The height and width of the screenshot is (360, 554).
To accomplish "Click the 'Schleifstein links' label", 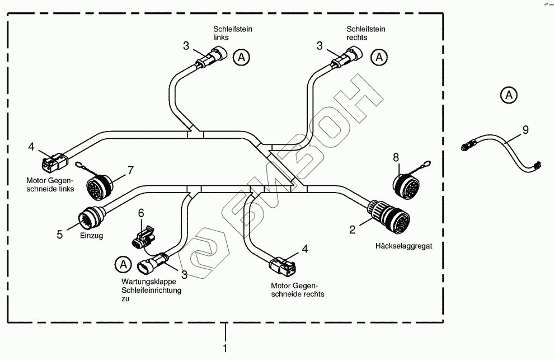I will (229, 32).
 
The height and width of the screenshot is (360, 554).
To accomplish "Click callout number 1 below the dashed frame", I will (226, 348).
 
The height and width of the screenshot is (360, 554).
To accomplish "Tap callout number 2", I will (353, 230).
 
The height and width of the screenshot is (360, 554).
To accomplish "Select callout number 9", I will (525, 130).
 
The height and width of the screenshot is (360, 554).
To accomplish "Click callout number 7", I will (131, 169).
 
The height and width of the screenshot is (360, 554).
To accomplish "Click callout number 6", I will (141, 213).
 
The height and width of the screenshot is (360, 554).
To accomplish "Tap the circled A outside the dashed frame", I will (509, 95).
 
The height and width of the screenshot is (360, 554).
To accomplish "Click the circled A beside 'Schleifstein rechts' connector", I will (380, 57).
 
